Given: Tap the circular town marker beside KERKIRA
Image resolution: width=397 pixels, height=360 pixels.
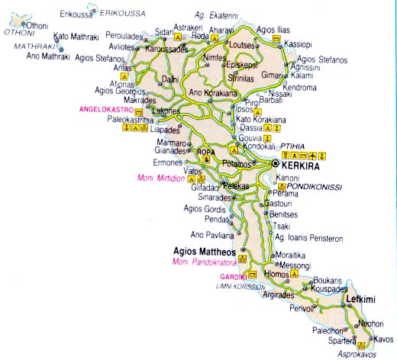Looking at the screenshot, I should (x=276, y=164).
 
